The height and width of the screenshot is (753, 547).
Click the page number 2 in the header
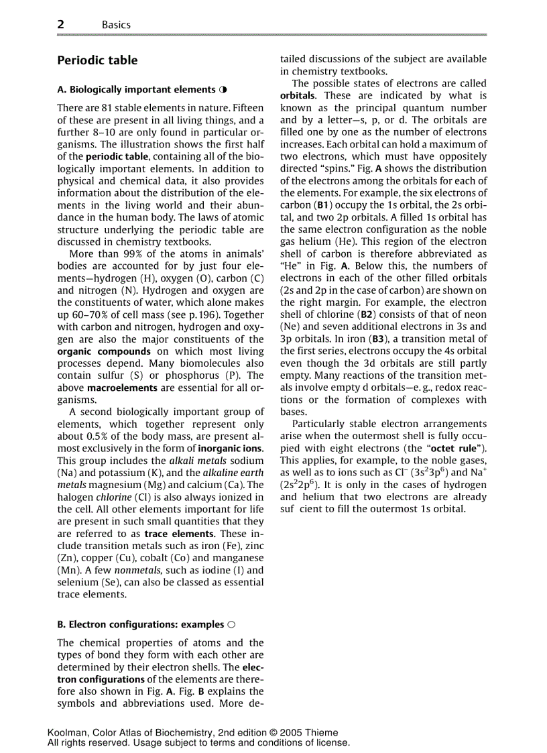pyautogui.click(x=61, y=24)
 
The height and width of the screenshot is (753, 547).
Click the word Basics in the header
pyautogui.click(x=116, y=25)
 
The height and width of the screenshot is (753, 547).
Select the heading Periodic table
pyautogui.click(x=97, y=60)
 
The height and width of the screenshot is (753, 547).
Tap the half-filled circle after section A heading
pyautogui.click(x=223, y=89)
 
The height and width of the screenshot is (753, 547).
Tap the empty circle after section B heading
pyautogui.click(x=231, y=624)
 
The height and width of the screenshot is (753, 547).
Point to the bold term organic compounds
pyautogui.click(x=104, y=351)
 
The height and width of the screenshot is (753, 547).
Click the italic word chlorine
pyautogui.click(x=113, y=497)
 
